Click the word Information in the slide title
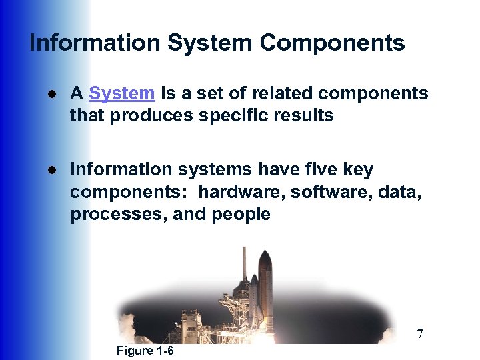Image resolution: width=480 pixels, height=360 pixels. coord(95,43)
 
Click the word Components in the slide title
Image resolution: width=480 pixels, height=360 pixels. coord(332,43)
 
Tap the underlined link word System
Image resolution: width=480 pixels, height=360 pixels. coord(121,93)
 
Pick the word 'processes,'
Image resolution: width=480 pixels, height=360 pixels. coord(112,214)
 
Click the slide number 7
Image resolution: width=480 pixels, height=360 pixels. coord(419,334)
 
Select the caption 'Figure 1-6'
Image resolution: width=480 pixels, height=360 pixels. coord(145,351)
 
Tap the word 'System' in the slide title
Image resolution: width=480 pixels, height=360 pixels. coord(210,43)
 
